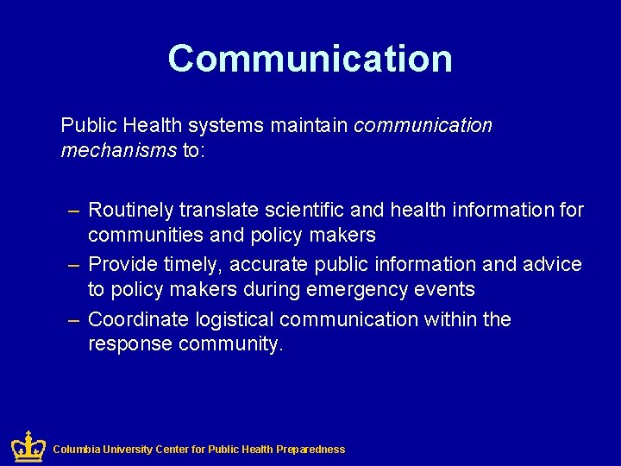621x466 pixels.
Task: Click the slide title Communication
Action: tap(310, 59)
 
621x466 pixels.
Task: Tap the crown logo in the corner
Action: tap(28, 447)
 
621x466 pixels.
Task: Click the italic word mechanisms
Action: tap(118, 152)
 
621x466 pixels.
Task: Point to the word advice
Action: tap(552, 264)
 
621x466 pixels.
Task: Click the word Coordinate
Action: tap(138, 319)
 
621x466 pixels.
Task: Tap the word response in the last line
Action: tap(130, 344)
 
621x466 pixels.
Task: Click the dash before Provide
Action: tap(75, 264)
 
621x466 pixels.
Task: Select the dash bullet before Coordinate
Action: tap(75, 319)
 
